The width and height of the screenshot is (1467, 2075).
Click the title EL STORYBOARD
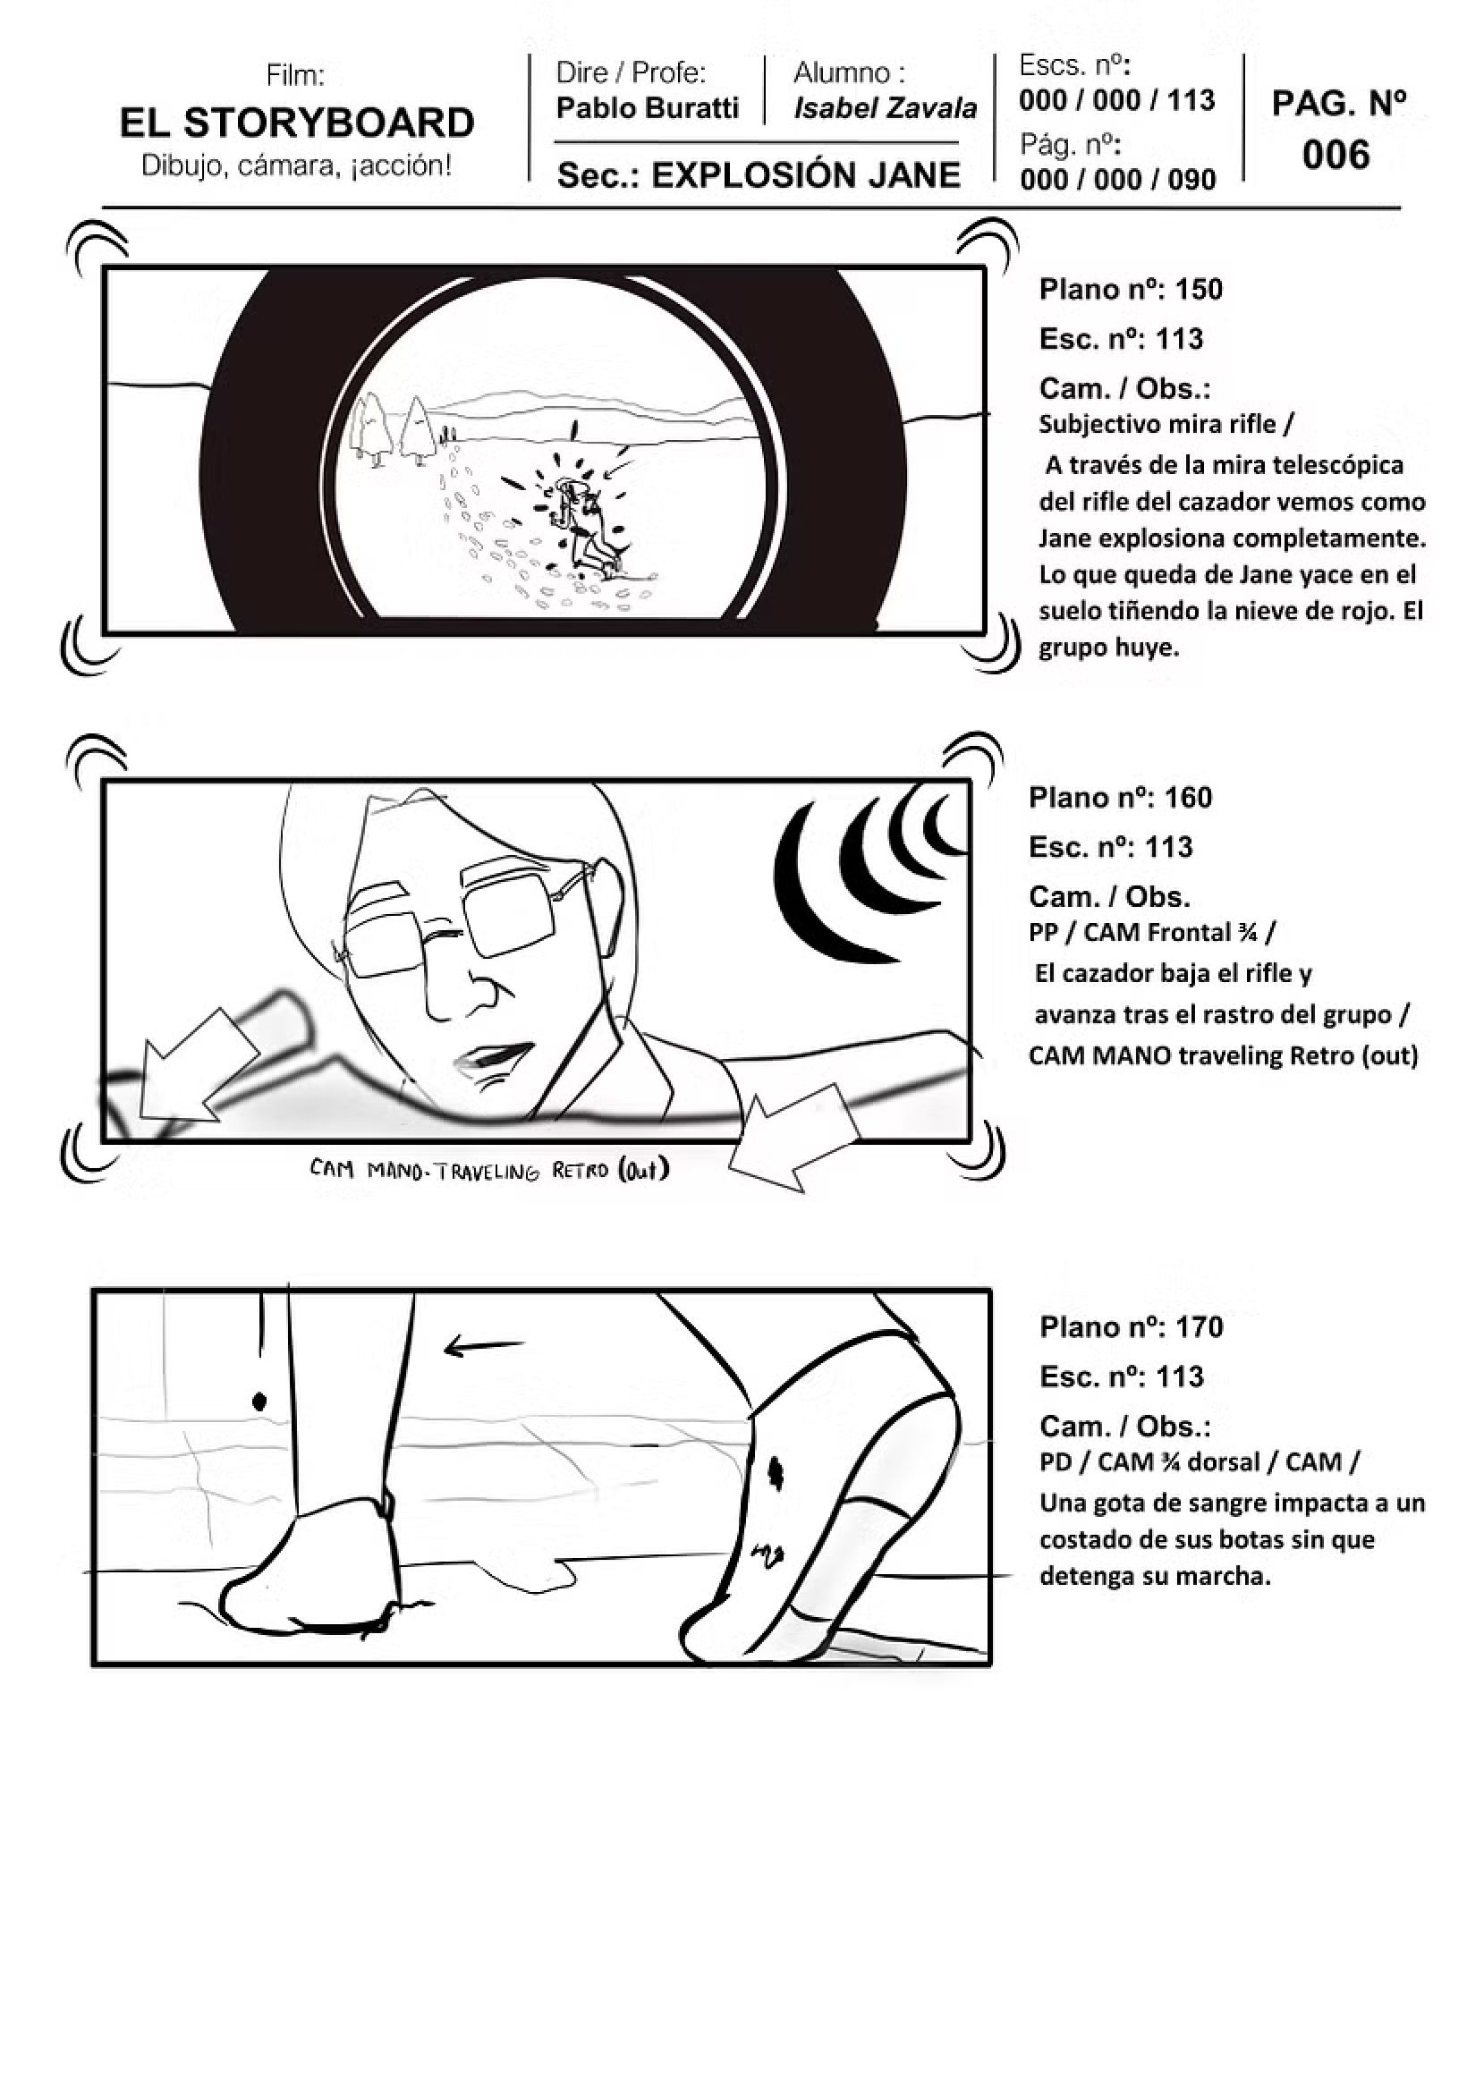click(x=296, y=122)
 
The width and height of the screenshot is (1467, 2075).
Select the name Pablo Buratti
click(x=647, y=107)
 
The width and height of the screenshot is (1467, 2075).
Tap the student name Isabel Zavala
click(x=885, y=108)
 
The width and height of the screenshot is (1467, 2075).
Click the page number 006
click(x=1336, y=155)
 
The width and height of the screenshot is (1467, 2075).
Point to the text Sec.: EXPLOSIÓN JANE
click(x=759, y=174)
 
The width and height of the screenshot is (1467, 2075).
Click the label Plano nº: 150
click(x=1131, y=289)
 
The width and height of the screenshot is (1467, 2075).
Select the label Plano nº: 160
click(x=1120, y=797)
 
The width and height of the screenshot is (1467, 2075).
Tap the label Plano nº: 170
click(x=1131, y=1326)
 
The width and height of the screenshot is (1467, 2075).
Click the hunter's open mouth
click(x=493, y=1054)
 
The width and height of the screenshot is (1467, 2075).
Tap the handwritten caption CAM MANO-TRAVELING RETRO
click(x=489, y=1172)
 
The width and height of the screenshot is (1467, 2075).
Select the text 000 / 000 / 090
click(x=1118, y=179)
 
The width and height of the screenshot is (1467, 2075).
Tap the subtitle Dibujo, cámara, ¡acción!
click(x=296, y=166)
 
